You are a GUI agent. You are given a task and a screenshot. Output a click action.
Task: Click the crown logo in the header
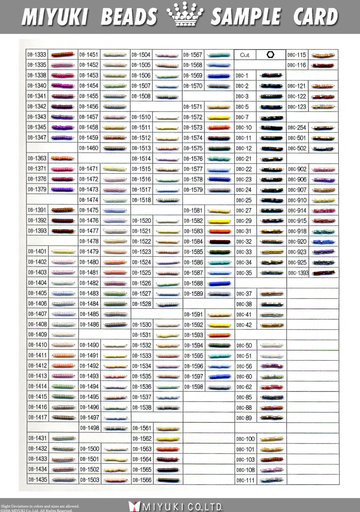click(x=184, y=16)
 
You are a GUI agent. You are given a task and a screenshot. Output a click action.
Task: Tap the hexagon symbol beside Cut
click(x=270, y=54)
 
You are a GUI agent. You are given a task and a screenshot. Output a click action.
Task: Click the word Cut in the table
click(x=245, y=55)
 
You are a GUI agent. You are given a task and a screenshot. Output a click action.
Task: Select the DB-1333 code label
click(x=37, y=55)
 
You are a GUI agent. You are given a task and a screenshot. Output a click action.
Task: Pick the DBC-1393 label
click(x=298, y=273)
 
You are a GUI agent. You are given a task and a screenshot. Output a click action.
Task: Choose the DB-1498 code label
click(x=89, y=428)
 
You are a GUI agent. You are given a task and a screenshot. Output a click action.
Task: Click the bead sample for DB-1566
click(x=167, y=480)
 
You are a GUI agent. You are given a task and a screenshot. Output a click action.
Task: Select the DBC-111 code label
click(x=245, y=480)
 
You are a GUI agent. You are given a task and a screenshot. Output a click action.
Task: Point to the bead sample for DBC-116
click(x=323, y=65)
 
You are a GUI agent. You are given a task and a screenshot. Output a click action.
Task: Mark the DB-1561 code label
click(x=141, y=428)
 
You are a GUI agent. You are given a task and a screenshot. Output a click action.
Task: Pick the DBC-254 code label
click(x=297, y=128)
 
